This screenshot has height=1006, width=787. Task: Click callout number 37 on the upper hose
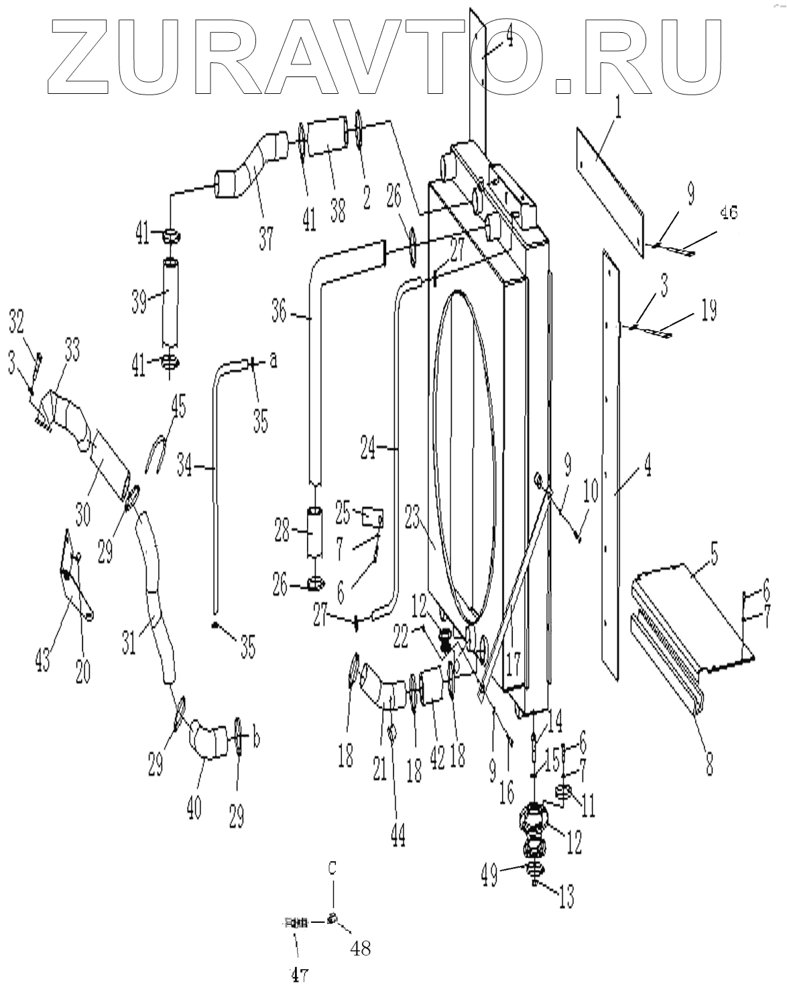266,237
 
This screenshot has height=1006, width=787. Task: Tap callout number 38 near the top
339,212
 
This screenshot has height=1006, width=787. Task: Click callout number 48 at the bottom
360,948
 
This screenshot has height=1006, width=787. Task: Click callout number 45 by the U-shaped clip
178,406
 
